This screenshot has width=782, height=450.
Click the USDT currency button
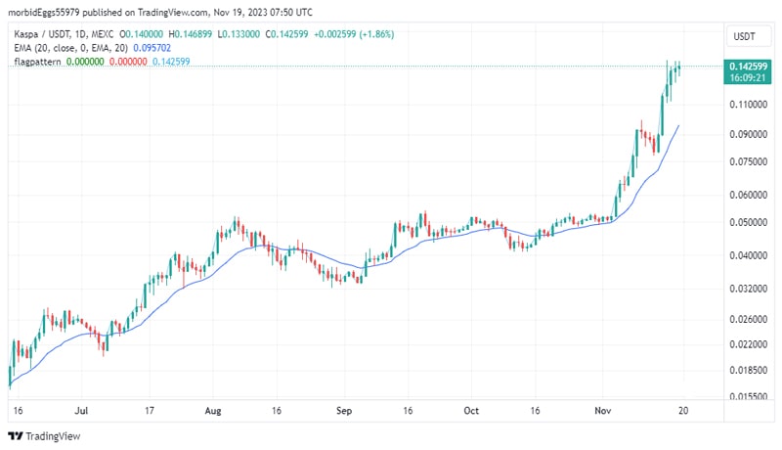click(744, 37)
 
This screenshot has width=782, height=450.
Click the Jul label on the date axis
click(82, 412)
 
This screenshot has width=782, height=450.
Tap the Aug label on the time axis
click(214, 412)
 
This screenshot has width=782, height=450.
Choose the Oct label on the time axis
click(472, 412)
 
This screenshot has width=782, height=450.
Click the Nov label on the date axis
click(602, 412)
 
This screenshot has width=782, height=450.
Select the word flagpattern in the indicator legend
click(37, 61)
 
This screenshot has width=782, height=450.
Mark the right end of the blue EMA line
click(678, 125)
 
